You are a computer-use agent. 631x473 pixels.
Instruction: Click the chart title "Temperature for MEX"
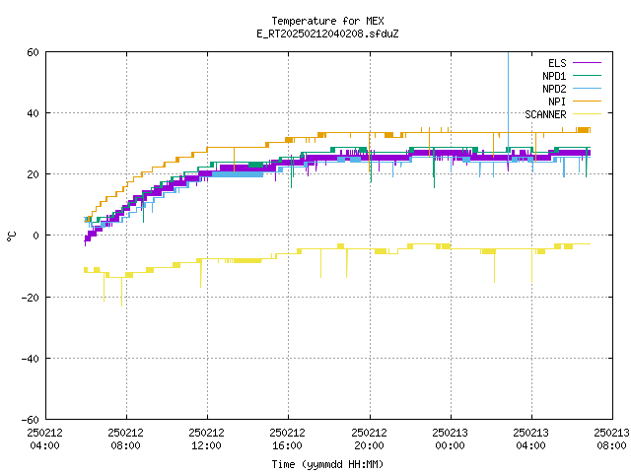click(327, 21)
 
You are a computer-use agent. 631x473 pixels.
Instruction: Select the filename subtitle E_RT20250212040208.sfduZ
click(327, 34)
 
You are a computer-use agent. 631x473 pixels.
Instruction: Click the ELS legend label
click(557, 63)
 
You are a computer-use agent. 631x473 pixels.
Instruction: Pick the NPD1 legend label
click(554, 76)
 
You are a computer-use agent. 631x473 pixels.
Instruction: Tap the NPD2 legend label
click(554, 89)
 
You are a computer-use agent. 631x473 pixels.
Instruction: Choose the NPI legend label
click(557, 101)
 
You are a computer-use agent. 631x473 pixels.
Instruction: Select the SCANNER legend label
click(545, 114)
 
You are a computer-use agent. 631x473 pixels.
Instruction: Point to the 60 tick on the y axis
click(33, 52)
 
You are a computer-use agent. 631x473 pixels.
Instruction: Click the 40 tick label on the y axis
click(33, 113)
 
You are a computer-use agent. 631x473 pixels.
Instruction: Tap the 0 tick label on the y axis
click(35, 236)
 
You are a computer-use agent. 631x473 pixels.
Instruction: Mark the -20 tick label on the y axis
click(31, 298)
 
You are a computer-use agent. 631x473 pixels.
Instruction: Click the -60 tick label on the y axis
click(31, 420)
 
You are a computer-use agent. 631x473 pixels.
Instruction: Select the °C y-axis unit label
click(11, 236)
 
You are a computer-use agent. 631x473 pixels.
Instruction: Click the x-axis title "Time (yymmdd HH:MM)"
click(327, 464)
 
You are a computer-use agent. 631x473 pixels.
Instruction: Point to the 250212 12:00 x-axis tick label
click(206, 439)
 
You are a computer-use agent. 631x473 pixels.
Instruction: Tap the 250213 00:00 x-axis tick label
click(450, 439)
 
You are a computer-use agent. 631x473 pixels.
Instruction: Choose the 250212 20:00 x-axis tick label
click(369, 439)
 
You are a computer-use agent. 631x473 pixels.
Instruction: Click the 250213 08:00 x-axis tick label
click(611, 439)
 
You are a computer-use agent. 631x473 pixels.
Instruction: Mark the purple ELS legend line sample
click(588, 63)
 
